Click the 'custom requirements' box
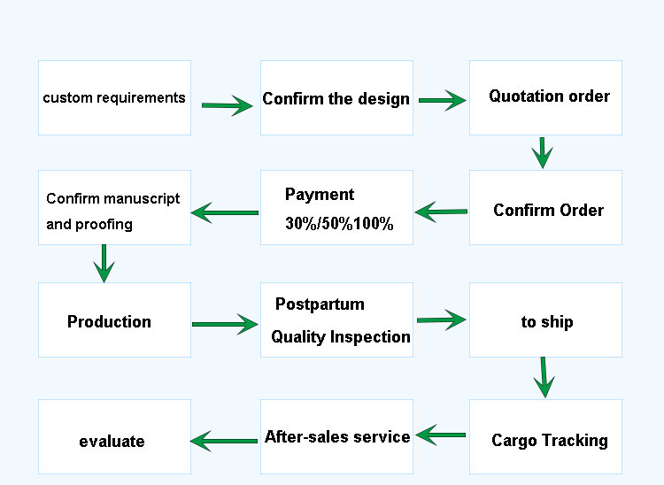click(x=115, y=97)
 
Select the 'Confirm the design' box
click(x=336, y=97)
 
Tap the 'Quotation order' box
click(x=546, y=97)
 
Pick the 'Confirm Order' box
click(x=546, y=207)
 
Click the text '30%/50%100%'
click(x=339, y=223)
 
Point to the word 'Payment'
click(x=320, y=195)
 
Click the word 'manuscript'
click(x=142, y=198)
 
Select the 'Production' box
click(x=115, y=320)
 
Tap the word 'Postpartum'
click(x=320, y=304)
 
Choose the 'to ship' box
click(x=546, y=320)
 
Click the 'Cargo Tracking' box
click(x=546, y=436)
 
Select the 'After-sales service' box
click(x=336, y=436)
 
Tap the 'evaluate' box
click(x=115, y=436)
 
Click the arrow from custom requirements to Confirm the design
click(x=227, y=105)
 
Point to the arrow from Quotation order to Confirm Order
click(x=543, y=153)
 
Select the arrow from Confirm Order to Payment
click(x=441, y=212)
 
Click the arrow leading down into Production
click(x=104, y=263)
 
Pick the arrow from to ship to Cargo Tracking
click(x=544, y=378)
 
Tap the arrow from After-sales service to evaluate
click(x=224, y=441)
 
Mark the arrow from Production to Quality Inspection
click(x=225, y=324)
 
